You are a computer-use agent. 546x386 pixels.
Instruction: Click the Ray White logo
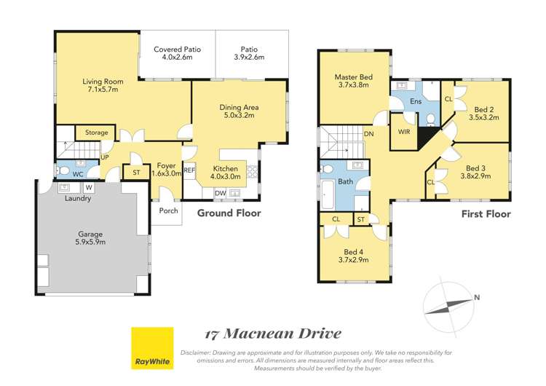point(152,349)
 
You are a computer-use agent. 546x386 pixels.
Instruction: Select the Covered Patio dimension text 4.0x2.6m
point(177,58)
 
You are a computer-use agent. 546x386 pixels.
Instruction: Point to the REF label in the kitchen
point(189,170)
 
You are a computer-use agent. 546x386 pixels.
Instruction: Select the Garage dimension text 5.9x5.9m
point(92,244)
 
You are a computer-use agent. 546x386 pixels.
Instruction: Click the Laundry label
point(78,198)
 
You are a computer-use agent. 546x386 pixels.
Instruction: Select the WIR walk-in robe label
point(404,132)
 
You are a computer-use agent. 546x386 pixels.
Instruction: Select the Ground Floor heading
point(229,213)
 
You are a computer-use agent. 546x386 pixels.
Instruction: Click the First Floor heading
point(486,214)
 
